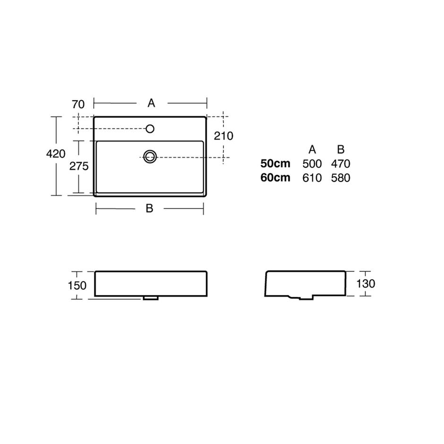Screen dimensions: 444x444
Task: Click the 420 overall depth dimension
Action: pos(56,154)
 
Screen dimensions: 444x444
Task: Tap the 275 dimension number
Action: pos(79,166)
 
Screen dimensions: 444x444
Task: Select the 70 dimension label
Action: pos(78,104)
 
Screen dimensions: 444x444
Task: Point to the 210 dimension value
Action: pos(223,136)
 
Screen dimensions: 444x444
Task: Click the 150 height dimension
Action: pos(77,285)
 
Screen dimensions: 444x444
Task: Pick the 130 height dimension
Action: pos(366,283)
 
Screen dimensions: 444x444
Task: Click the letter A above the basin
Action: pos(151,103)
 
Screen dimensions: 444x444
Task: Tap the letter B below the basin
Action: pos(150,208)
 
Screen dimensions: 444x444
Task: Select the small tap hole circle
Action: pos(150,129)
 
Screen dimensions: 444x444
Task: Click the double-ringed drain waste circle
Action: pos(150,157)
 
